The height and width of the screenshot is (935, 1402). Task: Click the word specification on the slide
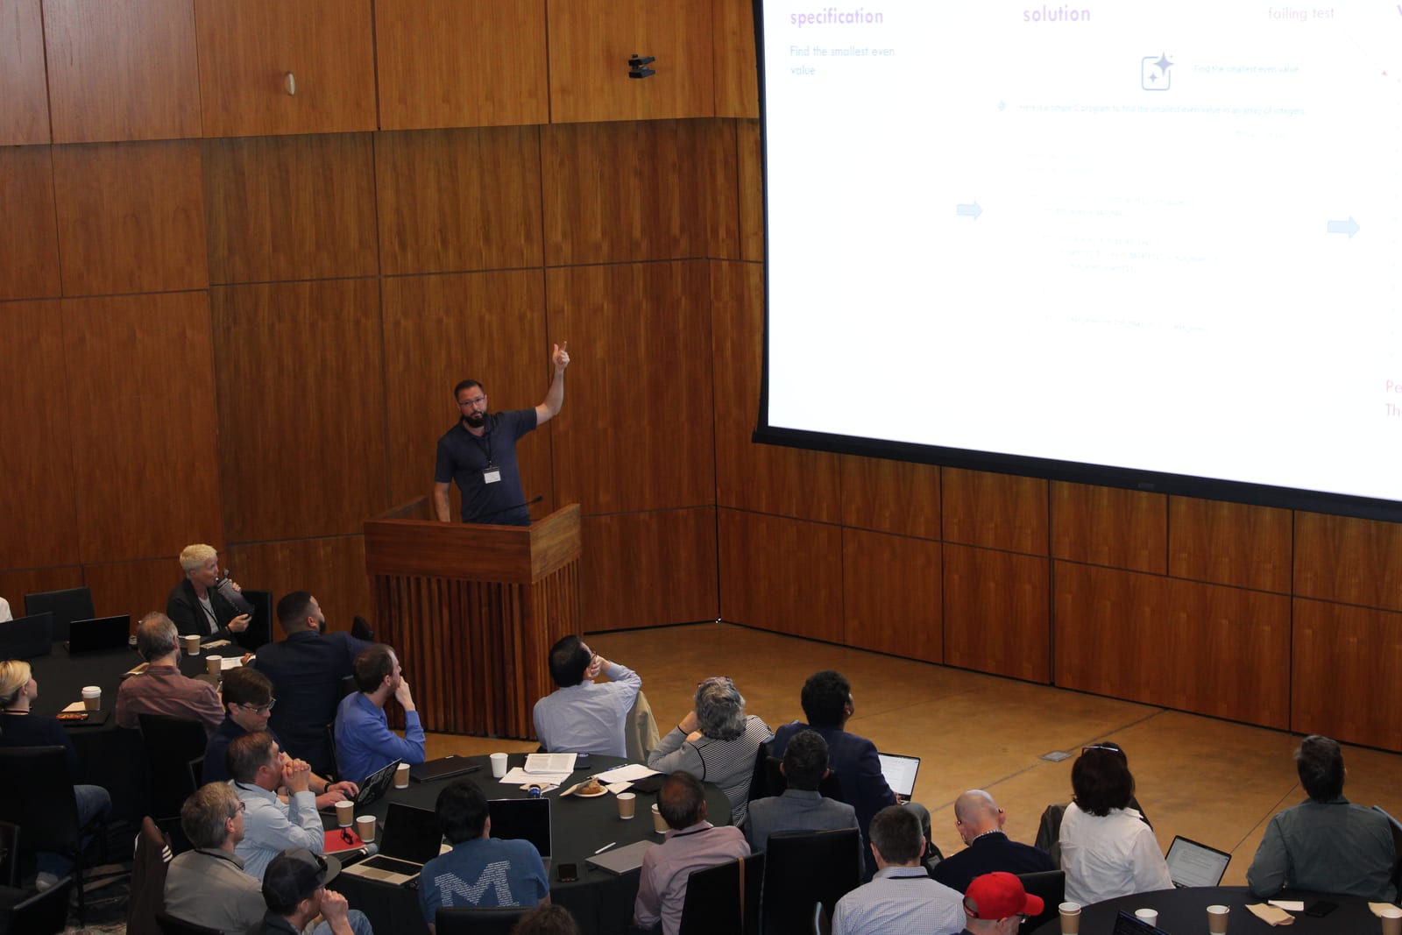pos(836,17)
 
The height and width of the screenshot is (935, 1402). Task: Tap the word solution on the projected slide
pos(1056,14)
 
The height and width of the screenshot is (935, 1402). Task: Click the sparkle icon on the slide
pos(1157,72)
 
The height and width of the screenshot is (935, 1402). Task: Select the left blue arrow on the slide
pos(969,210)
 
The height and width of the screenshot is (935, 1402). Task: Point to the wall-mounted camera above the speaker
pos(641,66)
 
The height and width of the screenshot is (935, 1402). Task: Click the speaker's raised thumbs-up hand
pos(560,356)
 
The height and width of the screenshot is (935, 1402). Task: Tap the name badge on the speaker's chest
pos(492,474)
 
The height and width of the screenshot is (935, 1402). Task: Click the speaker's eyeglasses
pos(471,401)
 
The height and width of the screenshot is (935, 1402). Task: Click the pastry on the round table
pos(589,787)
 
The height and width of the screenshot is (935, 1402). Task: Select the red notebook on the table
pos(342,842)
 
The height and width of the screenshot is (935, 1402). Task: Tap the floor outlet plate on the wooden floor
pos(1056,755)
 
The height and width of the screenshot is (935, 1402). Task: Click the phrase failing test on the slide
pos(1300,13)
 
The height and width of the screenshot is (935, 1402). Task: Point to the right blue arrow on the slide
pos(1342,228)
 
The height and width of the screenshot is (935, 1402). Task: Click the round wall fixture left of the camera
pos(289,83)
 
